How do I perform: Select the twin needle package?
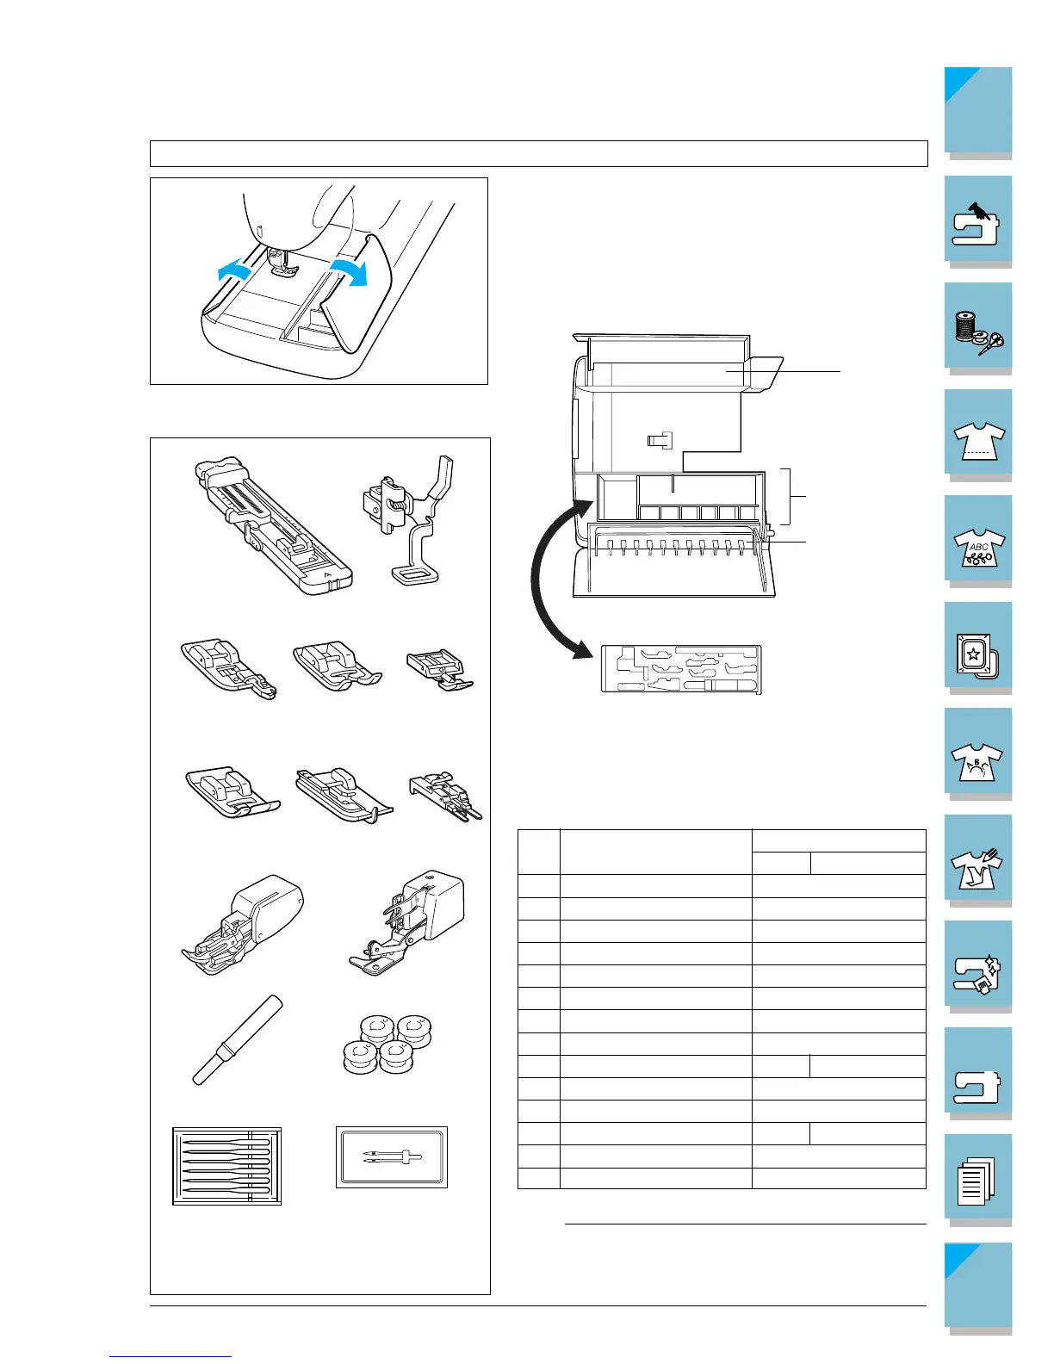(x=392, y=1157)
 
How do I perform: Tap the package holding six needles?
(x=227, y=1165)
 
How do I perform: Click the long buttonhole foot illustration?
(x=269, y=524)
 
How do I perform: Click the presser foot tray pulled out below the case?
(x=681, y=668)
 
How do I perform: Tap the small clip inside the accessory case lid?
(x=659, y=440)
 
